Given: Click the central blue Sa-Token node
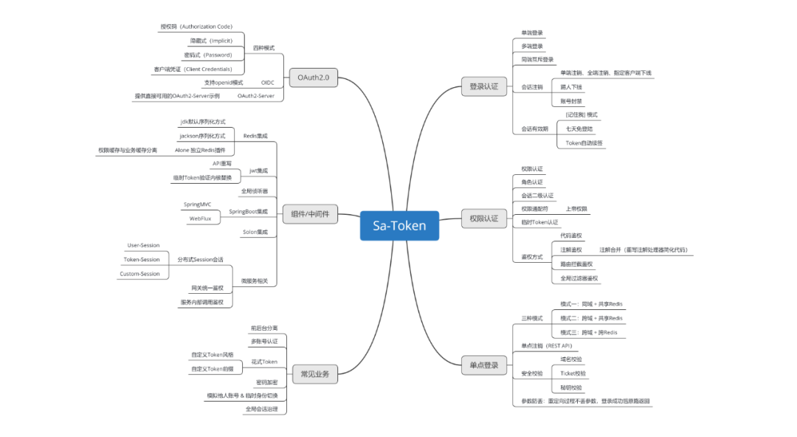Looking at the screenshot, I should click(398, 226).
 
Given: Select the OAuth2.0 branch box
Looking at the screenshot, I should click(313, 78).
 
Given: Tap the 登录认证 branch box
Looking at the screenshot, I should click(484, 87).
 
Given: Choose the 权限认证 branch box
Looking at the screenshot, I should click(484, 218).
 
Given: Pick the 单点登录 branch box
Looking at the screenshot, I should click(484, 365).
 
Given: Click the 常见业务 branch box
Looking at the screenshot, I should click(315, 374).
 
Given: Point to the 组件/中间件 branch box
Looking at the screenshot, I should click(310, 215).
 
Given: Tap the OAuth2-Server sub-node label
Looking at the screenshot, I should click(255, 96).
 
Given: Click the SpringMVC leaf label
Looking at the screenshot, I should click(197, 204).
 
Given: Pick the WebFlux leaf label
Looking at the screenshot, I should click(200, 218).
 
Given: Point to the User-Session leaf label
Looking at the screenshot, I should click(143, 245).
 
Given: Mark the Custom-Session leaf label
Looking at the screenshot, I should click(139, 274).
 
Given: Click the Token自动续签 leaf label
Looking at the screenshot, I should click(584, 142).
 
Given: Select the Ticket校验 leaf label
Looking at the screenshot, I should click(573, 374).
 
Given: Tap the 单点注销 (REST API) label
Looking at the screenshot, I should click(547, 345).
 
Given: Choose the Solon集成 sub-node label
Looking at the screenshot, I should click(255, 233).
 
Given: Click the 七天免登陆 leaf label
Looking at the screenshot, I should click(579, 128).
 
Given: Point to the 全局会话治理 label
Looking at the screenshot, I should click(261, 408).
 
